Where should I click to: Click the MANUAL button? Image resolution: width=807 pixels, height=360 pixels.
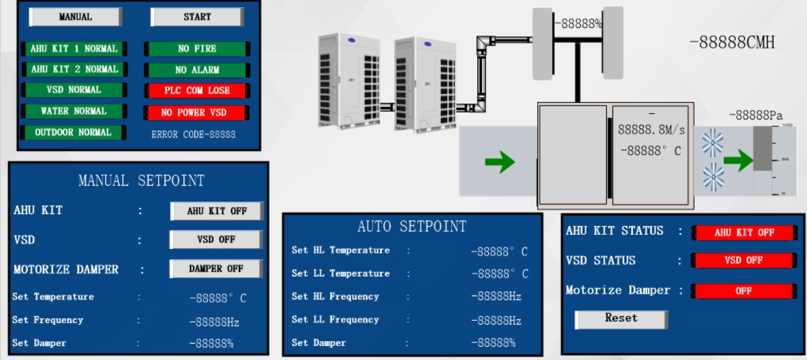click(x=75, y=17)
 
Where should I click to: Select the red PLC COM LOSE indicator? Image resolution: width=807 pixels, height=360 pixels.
click(x=197, y=90)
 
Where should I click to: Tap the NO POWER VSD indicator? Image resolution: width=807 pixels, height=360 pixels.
click(x=197, y=112)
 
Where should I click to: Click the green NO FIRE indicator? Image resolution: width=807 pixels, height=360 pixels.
click(x=197, y=49)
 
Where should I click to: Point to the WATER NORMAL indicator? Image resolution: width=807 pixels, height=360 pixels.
click(x=73, y=111)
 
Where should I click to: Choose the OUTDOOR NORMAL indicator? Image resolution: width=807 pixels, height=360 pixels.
click(x=73, y=133)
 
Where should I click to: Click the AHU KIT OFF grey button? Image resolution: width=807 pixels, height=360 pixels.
click(x=217, y=211)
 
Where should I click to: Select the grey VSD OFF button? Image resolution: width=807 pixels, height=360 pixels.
click(x=217, y=240)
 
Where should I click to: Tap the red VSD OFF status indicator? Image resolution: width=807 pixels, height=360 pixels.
click(x=744, y=260)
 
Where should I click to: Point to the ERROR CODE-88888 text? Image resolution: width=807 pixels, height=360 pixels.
click(x=193, y=135)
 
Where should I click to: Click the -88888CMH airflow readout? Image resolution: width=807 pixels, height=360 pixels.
click(x=732, y=43)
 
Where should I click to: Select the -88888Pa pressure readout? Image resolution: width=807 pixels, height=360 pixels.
click(x=755, y=116)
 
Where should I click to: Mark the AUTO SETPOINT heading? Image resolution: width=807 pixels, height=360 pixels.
click(x=411, y=227)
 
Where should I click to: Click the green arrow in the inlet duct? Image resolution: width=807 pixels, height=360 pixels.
click(x=499, y=162)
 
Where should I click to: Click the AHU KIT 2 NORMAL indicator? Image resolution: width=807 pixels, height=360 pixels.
click(x=74, y=69)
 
